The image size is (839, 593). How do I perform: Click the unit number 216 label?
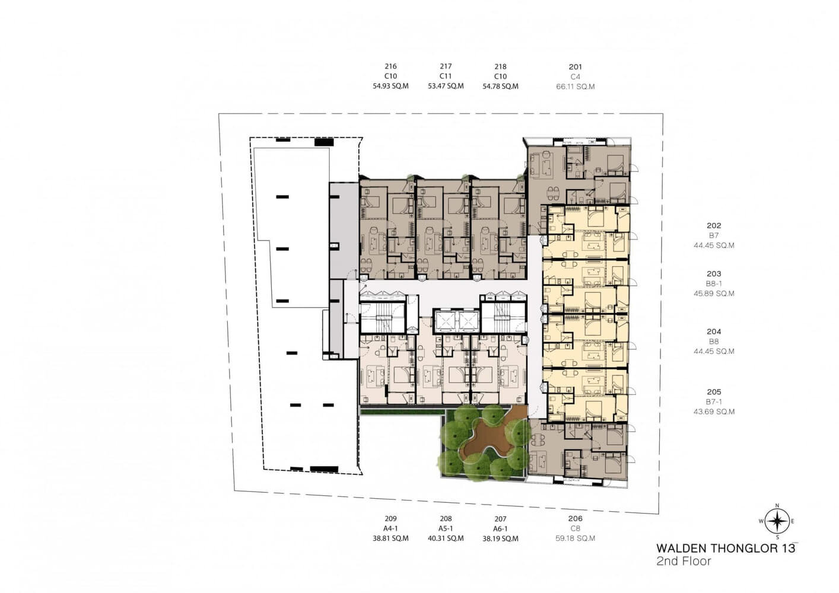coord(390,66)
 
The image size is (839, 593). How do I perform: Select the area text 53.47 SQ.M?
coord(446,86)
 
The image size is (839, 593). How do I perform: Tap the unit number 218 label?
coord(500,66)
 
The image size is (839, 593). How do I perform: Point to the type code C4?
coord(576,76)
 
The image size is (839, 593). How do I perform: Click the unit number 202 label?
coord(714,225)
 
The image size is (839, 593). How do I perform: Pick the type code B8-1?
coord(714,284)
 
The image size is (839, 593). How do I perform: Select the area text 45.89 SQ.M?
coord(714,294)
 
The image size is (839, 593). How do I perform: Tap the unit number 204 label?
coord(714,331)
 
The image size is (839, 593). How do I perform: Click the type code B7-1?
coord(714,401)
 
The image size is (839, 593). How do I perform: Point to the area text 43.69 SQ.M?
coord(714,412)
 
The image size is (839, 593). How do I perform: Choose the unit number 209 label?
coord(390,518)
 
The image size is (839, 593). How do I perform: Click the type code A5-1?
coord(446,528)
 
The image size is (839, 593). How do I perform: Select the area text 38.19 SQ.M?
coord(500,538)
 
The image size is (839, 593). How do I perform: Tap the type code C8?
coord(576,528)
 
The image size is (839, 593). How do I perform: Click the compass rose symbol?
coord(777,521)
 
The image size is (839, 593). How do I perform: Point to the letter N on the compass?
coord(777,506)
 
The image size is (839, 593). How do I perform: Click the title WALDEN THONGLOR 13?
coord(726,549)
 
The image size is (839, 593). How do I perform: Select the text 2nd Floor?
coord(684,561)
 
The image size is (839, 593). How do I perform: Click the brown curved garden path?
coord(487,438)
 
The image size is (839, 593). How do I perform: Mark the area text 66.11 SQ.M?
coord(576,87)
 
